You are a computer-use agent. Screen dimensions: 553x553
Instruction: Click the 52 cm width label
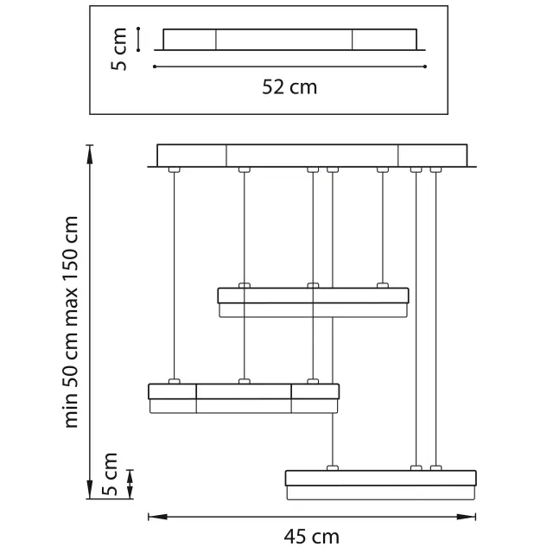[289, 87]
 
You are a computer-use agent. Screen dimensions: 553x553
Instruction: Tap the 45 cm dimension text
[311, 537]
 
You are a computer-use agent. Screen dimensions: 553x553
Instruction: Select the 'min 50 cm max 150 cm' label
[71, 322]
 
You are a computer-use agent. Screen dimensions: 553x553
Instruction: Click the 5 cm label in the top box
[118, 49]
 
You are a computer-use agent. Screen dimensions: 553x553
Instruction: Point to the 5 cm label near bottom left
[110, 474]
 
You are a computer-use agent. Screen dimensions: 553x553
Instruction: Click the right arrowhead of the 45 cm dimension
[467, 517]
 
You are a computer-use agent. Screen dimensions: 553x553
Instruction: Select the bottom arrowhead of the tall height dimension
[90, 489]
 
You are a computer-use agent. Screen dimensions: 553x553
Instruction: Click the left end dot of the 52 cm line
[155, 67]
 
